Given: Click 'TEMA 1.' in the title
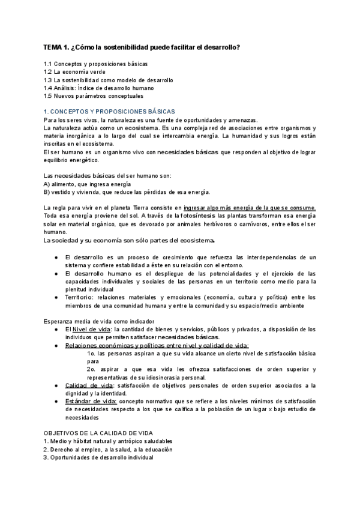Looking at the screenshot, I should pyautogui.click(x=56, y=47).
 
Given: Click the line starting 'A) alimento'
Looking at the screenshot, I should pyautogui.click(x=87, y=184).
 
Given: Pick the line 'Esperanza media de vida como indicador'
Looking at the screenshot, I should pyautogui.click(x=100, y=321).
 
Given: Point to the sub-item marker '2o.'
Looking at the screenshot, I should pyautogui.click(x=91, y=369).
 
